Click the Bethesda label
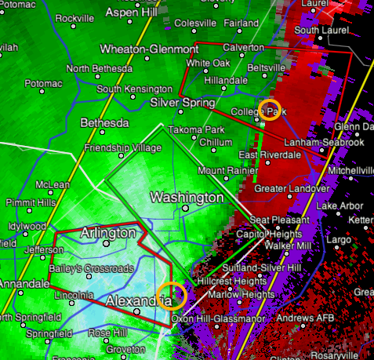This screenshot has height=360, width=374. (x=104, y=123)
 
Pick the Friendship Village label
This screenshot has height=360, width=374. (x=111, y=147)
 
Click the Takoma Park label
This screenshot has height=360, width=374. (x=198, y=129)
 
